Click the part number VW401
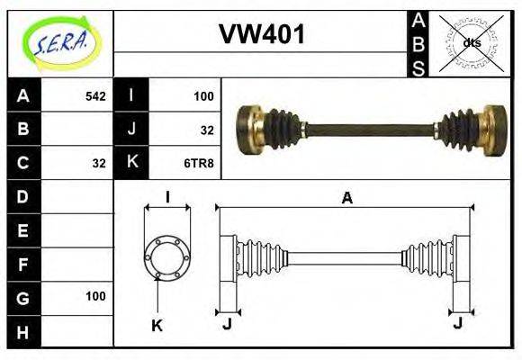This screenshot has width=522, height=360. tap(262, 35)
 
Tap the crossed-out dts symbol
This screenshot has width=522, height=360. tap(471, 42)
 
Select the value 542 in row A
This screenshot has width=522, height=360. tap(94, 95)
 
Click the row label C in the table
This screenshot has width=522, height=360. tap(23, 163)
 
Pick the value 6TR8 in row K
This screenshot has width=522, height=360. tap(200, 163)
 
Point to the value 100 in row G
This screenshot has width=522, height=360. tap(95, 296)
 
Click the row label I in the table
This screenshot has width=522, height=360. tap(132, 95)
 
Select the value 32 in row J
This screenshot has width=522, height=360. tap(206, 130)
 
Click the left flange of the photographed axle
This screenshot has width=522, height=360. tap(248, 129)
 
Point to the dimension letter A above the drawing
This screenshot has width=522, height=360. tap(346, 198)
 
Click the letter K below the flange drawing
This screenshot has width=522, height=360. tap(157, 326)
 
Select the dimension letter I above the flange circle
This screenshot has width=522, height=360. tap(167, 197)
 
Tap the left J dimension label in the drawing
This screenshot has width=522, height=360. tap(227, 325)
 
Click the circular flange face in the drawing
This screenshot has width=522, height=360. tap(167, 257)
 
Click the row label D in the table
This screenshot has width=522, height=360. tap(23, 195)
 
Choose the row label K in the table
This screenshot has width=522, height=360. tap(132, 163)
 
